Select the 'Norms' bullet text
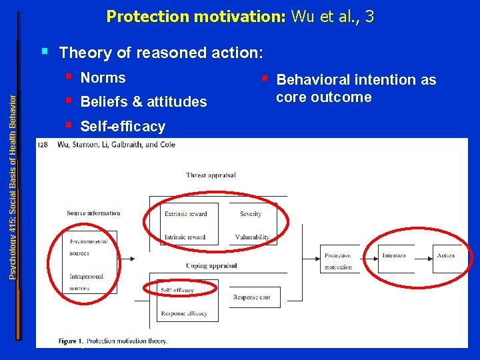103,78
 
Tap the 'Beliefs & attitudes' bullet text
143,102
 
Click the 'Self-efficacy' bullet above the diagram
123,126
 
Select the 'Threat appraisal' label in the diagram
211,175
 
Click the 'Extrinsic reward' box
186,214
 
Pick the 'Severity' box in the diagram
251,214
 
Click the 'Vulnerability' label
252,237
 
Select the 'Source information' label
93,213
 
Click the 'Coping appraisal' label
211,265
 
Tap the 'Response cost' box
252,297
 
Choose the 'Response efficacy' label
184,313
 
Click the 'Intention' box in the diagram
393,256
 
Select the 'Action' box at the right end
446,256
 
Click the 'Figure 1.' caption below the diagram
71,341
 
